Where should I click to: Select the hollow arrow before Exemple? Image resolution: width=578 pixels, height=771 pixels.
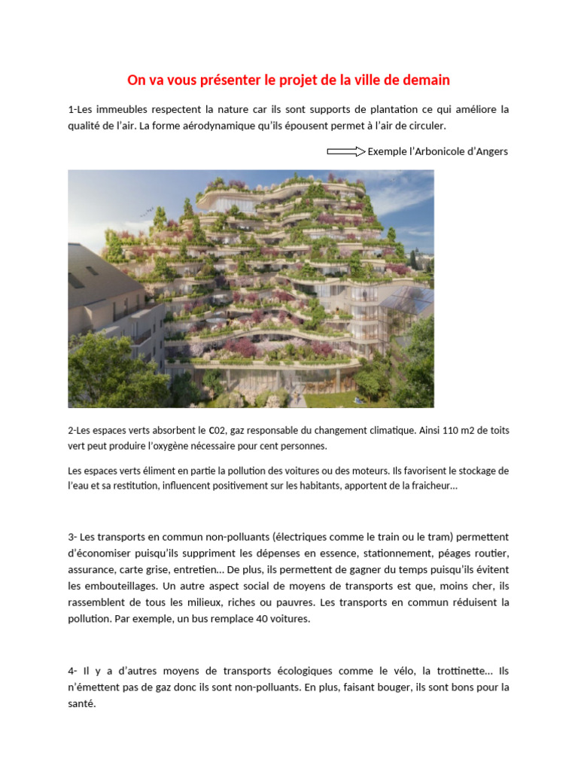(x=346, y=151)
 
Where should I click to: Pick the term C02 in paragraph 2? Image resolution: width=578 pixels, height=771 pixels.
(x=217, y=431)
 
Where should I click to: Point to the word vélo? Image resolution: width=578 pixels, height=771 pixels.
(x=394, y=671)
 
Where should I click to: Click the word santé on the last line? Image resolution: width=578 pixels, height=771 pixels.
(x=81, y=705)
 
